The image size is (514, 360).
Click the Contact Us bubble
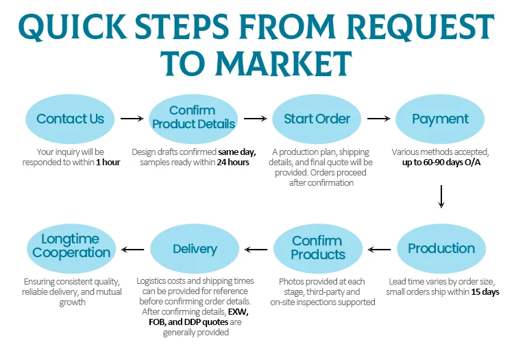point(71,119)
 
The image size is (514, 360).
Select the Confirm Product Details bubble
point(193,118)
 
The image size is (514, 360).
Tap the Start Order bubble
point(317,119)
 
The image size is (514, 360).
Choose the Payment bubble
point(440,119)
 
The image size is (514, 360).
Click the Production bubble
point(441,249)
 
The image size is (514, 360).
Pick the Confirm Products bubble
point(317,248)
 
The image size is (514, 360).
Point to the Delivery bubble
point(195,249)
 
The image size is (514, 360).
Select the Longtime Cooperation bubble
point(71,247)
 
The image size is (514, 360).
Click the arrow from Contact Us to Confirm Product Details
point(132,119)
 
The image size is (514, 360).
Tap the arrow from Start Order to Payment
point(378,119)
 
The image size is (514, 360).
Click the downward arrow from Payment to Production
point(441,196)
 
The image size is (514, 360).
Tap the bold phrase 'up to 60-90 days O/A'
point(441,163)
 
